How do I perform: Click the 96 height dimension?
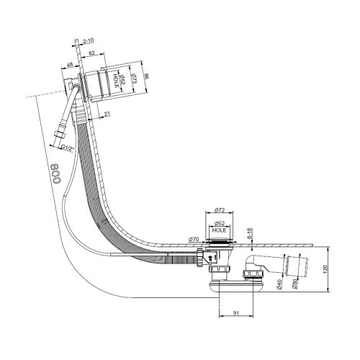coord(146,76)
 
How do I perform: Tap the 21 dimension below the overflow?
coord(107,113)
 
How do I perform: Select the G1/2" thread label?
coord(68,148)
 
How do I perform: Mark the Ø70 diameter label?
coord(194,238)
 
